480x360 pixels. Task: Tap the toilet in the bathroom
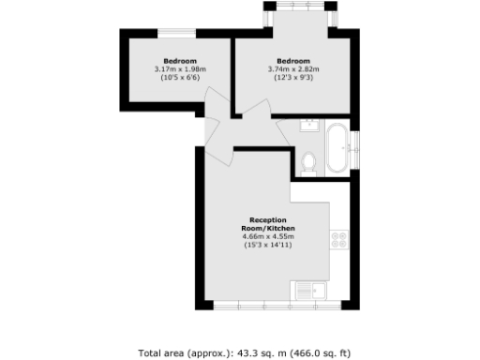309,161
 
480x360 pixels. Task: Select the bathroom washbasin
309,127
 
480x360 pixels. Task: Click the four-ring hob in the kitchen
338,239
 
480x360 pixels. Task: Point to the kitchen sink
307,289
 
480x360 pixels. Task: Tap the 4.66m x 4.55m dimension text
267,237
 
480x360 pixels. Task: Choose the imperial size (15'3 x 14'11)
267,246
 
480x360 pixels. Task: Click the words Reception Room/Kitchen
267,224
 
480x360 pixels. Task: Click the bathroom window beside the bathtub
356,148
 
